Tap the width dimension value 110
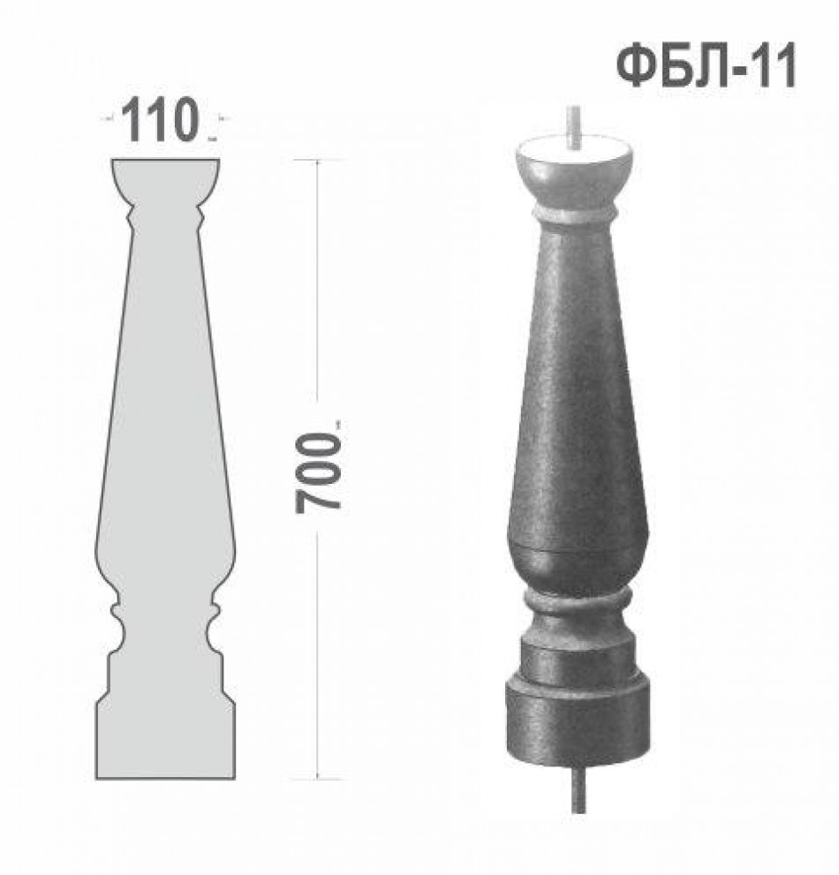pyautogui.click(x=160, y=119)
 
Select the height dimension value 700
pyautogui.click(x=318, y=474)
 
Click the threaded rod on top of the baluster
pyautogui.click(x=574, y=126)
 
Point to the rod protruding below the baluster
pyautogui.click(x=579, y=788)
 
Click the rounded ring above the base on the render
pyautogui.click(x=578, y=601)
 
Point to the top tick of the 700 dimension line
pyautogui.click(x=318, y=160)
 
